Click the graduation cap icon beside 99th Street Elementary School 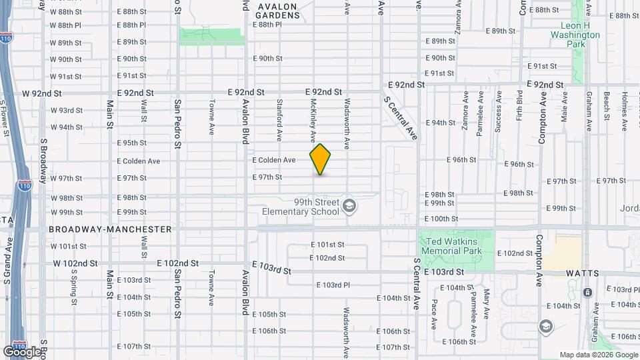(x=348, y=207)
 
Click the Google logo (x=22, y=351)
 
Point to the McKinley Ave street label (x=313, y=121)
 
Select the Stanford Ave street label (x=279, y=121)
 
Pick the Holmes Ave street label (x=625, y=106)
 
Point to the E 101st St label (x=327, y=245)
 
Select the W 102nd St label (x=76, y=263)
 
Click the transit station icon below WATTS (x=587, y=292)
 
